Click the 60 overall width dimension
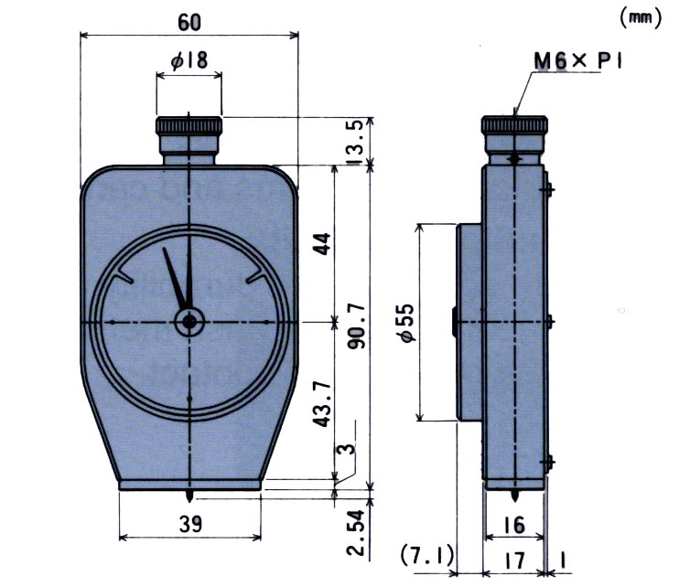point(189,20)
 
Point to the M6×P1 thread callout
point(578,61)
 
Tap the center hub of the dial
point(189,322)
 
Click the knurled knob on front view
point(189,125)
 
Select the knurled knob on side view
point(514,125)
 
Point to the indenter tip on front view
point(189,496)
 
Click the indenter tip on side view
point(514,497)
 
